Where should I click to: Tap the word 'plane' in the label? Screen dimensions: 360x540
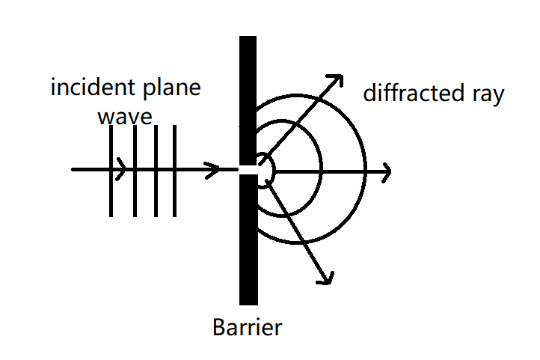click(171, 89)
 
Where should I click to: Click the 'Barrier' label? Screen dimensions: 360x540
click(248, 327)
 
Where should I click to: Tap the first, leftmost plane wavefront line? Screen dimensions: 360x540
click(111, 195)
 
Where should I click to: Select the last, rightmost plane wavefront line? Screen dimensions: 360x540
click(174, 195)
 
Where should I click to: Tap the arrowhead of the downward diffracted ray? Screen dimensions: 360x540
click(325, 278)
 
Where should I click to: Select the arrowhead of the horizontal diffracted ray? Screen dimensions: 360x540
click(386, 171)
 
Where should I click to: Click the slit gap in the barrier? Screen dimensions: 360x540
click(248, 170)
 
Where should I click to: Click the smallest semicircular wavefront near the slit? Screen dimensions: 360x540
click(274, 171)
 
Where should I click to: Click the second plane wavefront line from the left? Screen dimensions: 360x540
click(135, 195)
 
